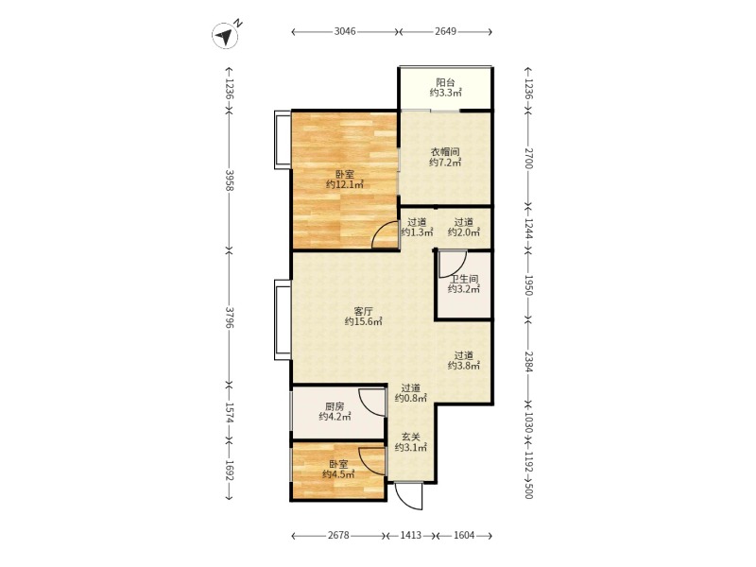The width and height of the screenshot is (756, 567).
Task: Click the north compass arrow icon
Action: tap(225, 36)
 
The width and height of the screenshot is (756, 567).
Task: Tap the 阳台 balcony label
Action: tap(445, 82)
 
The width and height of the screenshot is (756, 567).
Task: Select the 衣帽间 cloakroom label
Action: tap(445, 152)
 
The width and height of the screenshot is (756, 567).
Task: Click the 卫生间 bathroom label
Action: tap(464, 279)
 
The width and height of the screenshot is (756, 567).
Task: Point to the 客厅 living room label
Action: tap(363, 311)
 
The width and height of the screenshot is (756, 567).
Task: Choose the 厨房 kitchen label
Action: tap(335, 406)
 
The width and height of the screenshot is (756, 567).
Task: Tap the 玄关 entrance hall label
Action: tap(411, 438)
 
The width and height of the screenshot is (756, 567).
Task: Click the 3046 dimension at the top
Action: tap(345, 32)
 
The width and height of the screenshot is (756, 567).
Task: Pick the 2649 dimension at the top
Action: tap(445, 32)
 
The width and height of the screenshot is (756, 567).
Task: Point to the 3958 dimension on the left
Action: tap(230, 180)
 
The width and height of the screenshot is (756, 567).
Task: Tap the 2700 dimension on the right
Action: tap(528, 159)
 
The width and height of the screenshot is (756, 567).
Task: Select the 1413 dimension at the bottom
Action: tap(411, 535)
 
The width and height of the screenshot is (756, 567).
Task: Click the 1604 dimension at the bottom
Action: tap(464, 535)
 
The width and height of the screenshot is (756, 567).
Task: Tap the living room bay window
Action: tap(282, 319)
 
